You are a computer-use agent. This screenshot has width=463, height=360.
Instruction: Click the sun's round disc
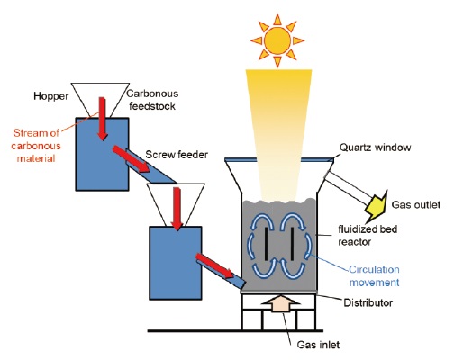point(277,40)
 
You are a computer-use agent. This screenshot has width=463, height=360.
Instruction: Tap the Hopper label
point(51,96)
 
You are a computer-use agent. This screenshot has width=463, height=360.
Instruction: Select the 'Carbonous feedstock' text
point(152,100)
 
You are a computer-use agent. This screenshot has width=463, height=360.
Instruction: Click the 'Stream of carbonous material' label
point(36,146)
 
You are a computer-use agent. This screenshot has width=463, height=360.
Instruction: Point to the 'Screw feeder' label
point(177,155)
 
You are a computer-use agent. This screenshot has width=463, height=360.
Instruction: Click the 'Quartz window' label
point(375,148)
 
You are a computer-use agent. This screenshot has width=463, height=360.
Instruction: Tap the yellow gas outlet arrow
point(377,205)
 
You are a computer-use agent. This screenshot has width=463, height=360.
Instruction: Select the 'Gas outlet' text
point(416,205)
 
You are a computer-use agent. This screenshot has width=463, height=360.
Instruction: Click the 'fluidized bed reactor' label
point(368,236)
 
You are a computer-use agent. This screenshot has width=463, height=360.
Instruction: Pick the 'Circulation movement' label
point(374,275)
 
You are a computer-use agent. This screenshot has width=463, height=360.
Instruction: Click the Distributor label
point(368,302)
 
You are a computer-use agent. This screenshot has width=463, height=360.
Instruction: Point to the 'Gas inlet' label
point(318,345)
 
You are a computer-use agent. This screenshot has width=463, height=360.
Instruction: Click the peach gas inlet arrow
point(280,303)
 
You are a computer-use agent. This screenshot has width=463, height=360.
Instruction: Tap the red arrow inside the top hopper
point(103,119)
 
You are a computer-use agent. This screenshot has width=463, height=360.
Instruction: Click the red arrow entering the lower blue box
point(177,209)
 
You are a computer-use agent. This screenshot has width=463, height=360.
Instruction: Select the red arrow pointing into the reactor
point(214,265)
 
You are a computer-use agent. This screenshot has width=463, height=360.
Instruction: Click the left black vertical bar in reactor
point(266,244)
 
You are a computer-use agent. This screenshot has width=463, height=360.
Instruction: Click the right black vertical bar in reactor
point(292,244)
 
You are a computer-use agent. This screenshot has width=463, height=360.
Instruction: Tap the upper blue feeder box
point(102,154)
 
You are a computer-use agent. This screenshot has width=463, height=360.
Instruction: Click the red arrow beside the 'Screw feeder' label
point(131,159)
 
